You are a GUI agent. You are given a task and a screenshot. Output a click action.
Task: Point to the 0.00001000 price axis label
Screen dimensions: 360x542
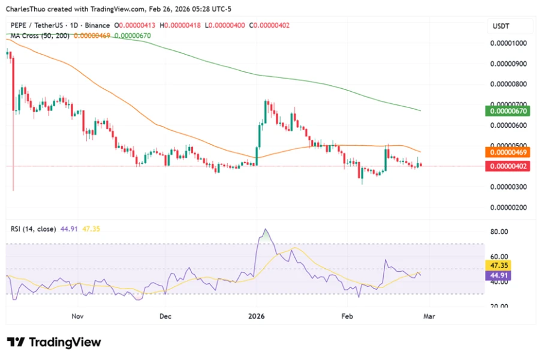click(x=508, y=44)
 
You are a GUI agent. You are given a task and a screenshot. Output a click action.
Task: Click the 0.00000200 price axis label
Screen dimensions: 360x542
click(x=508, y=208)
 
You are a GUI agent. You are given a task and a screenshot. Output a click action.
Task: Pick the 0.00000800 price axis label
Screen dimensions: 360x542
click(x=508, y=85)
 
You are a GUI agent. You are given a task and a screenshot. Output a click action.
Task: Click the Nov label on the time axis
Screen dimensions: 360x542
click(x=76, y=316)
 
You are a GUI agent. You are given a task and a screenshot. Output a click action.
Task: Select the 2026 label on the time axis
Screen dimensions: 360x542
click(x=256, y=316)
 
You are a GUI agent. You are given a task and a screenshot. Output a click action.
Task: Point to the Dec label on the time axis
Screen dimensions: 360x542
click(x=166, y=316)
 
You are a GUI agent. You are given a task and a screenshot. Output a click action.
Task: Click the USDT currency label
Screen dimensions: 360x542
click(x=501, y=26)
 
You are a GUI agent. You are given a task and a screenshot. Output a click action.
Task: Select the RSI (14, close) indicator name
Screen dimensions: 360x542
click(x=34, y=229)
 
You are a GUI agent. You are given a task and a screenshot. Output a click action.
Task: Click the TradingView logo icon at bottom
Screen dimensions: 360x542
click(x=16, y=342)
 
